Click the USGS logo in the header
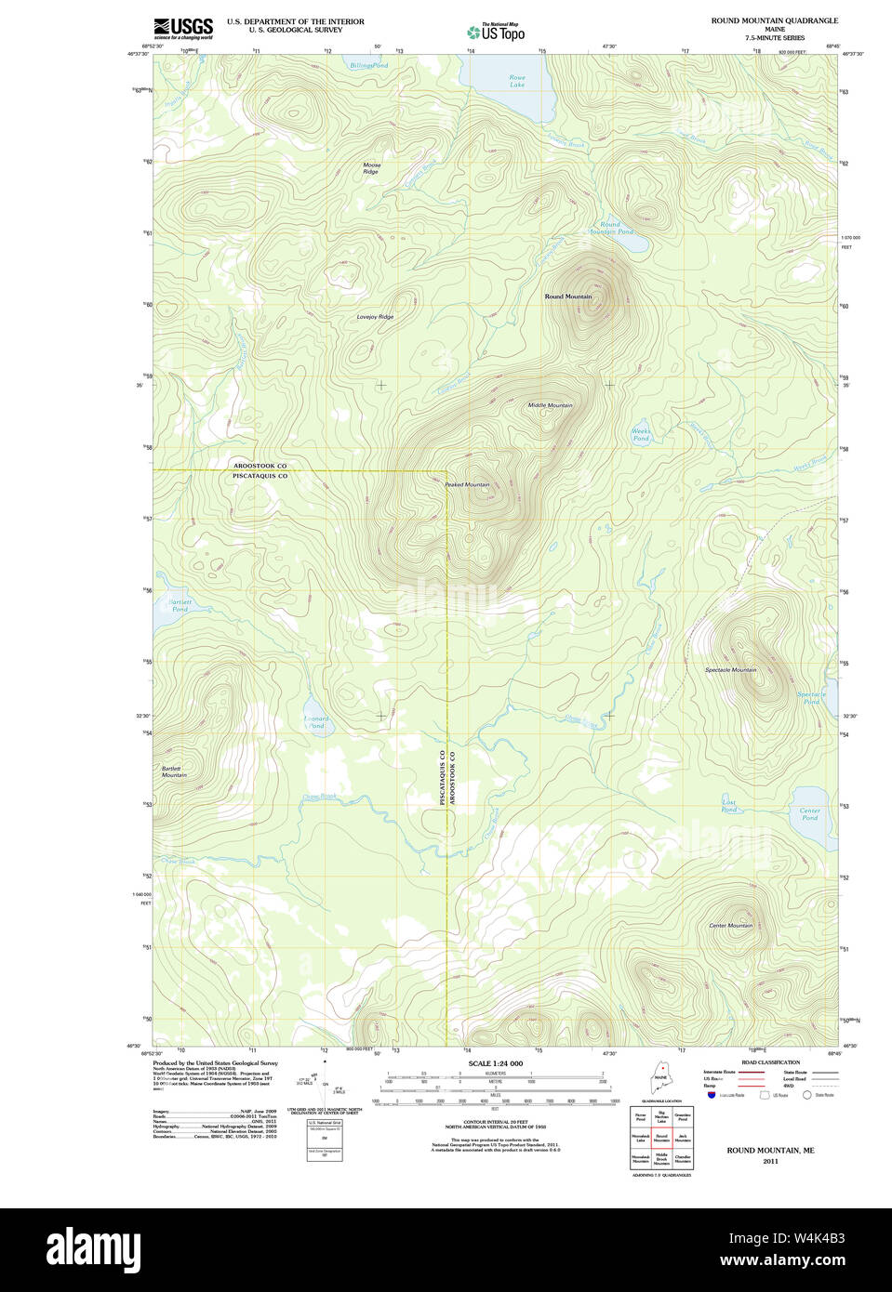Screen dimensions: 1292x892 tap(183, 28)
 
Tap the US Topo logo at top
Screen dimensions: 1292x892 tap(497, 32)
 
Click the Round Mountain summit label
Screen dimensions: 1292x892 tap(567, 297)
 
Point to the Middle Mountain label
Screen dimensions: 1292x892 tap(550, 405)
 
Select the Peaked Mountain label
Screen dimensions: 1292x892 tap(467, 484)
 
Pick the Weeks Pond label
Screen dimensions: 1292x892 tap(641, 434)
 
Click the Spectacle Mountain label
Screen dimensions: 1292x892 tap(730, 670)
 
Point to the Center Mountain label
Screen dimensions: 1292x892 tap(730, 926)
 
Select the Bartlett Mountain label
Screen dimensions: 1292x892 tap(173, 771)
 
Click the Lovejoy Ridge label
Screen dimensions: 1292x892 tap(375, 317)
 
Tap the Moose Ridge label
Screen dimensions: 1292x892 tap(371, 168)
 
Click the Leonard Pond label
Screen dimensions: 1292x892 tap(316, 722)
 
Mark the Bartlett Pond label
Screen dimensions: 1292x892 tap(180, 605)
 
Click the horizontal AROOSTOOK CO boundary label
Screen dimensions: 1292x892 tap(260, 465)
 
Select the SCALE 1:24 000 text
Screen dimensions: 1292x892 tap(495, 1063)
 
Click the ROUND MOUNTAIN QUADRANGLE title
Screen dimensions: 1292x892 tap(774, 20)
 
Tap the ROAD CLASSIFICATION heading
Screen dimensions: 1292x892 tap(770, 1062)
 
